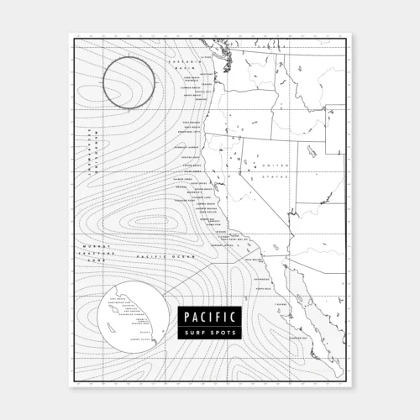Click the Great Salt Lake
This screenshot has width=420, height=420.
312,152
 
